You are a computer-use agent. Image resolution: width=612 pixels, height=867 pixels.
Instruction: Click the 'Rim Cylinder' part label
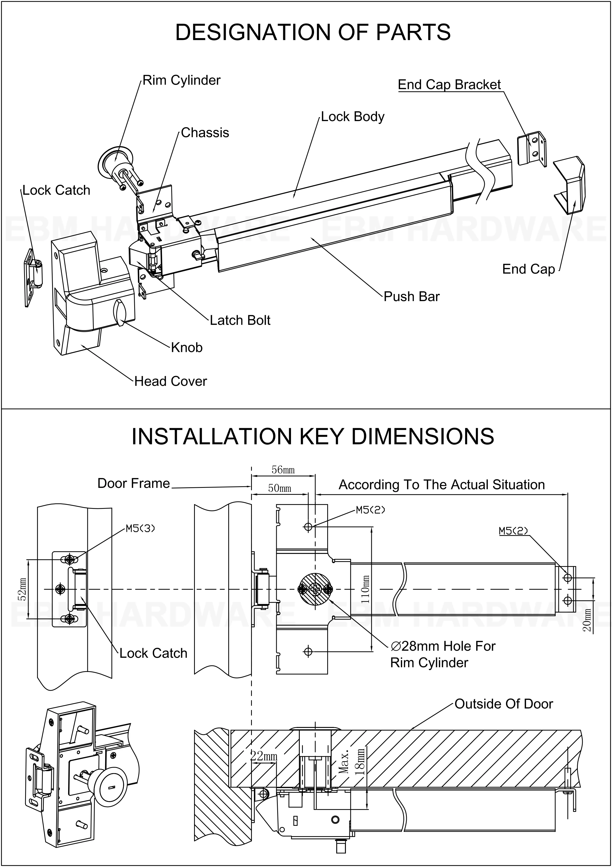[181, 80]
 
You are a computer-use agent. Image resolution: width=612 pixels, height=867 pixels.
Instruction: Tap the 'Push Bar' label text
[412, 296]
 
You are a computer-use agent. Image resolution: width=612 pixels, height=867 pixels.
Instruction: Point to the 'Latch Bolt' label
[240, 321]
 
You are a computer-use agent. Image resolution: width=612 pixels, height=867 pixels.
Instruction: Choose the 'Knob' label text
[187, 348]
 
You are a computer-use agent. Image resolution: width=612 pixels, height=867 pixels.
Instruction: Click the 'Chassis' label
[205, 133]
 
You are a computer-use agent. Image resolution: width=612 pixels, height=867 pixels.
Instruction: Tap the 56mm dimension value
[283, 470]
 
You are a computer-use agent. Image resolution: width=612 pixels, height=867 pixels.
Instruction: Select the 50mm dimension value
[280, 488]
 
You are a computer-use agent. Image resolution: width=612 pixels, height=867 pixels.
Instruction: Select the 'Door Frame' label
[134, 484]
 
